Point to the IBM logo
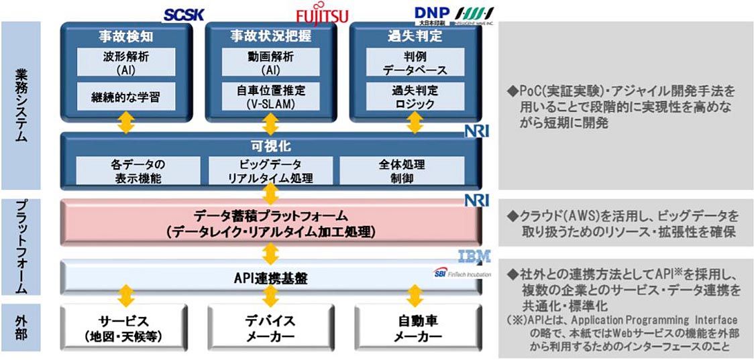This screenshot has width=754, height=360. click(x=475, y=256)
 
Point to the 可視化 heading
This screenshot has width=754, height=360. click(x=271, y=145)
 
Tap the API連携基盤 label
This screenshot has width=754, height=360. click(x=270, y=276)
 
